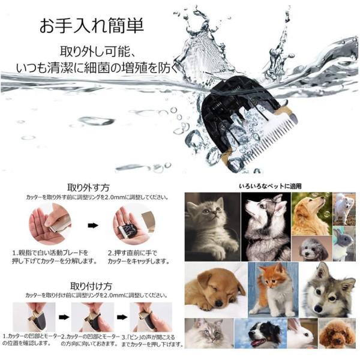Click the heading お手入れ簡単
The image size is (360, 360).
[92, 25]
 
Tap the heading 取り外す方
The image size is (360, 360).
[88, 188]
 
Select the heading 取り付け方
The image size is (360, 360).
[91, 286]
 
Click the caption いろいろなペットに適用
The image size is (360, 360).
[270, 186]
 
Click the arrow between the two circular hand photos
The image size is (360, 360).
[93, 226]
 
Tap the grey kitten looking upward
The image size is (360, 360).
[212, 227]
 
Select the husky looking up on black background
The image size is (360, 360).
[266, 227]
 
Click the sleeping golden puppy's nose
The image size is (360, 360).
[219, 304]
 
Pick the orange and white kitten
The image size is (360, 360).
[273, 290]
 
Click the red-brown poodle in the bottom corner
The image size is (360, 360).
[337, 334]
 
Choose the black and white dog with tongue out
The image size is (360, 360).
[260, 334]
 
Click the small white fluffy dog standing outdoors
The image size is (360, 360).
[344, 209]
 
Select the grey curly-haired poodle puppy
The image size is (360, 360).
[312, 249]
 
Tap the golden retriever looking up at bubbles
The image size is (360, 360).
[311, 214]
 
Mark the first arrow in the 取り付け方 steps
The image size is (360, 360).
[64, 317]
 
